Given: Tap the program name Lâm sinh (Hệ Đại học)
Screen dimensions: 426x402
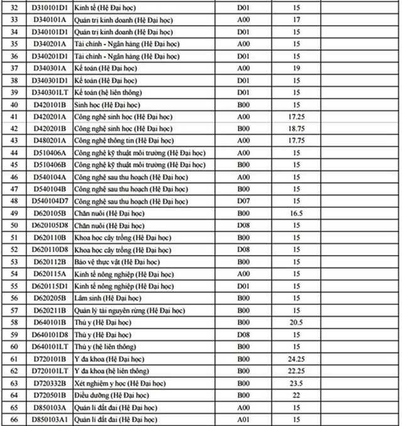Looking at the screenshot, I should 107,298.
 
